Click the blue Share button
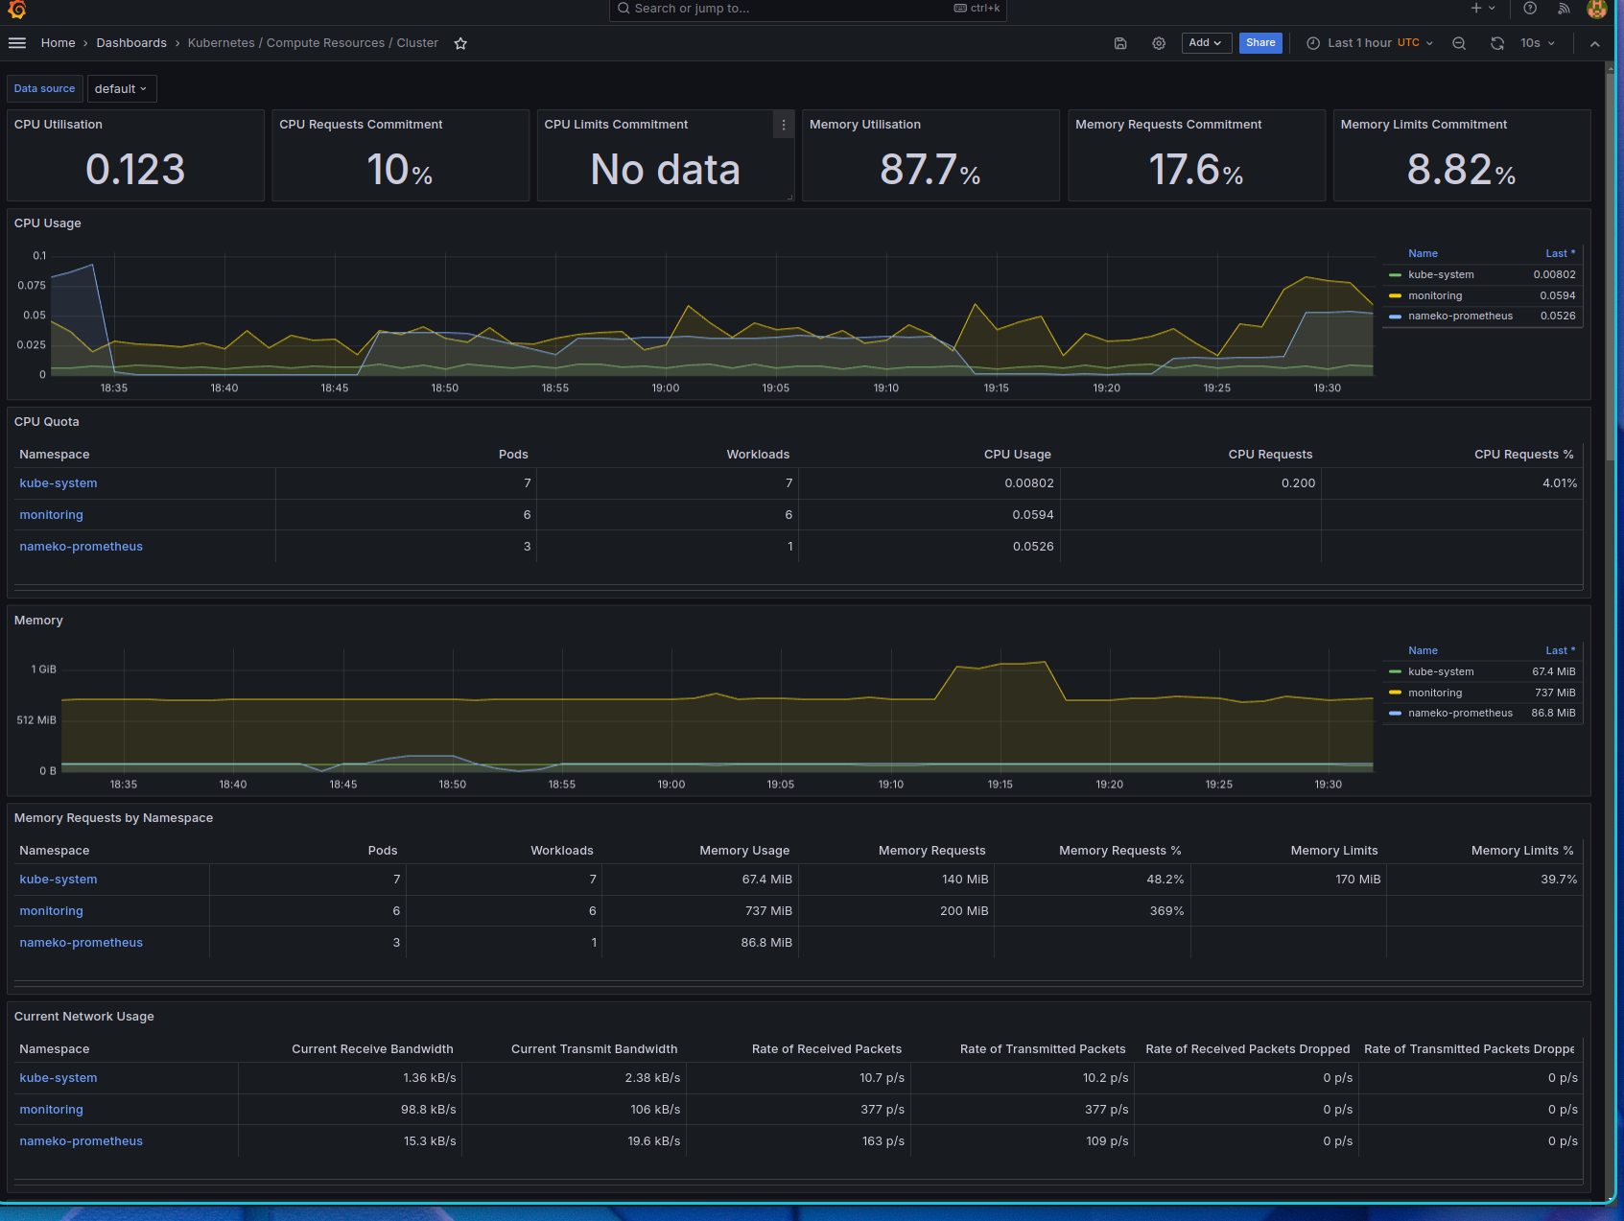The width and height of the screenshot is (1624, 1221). (1260, 43)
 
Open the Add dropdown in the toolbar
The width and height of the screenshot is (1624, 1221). (1206, 43)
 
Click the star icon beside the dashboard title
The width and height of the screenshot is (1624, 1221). (460, 43)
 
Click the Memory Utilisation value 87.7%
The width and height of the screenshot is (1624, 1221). (930, 170)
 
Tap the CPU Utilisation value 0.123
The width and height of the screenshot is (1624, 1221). (135, 170)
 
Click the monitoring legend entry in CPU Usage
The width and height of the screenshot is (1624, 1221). (1435, 295)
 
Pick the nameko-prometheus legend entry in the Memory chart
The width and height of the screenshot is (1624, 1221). (1460, 713)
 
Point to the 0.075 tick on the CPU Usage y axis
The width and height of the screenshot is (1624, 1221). (32, 285)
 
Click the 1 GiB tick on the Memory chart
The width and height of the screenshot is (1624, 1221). (44, 669)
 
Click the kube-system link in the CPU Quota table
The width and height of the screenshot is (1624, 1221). (59, 483)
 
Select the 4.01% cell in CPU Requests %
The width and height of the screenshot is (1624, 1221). (1560, 483)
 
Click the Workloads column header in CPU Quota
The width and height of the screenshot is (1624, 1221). (758, 455)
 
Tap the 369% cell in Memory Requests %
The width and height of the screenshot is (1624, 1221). (1166, 911)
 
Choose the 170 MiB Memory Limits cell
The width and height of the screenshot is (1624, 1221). (1358, 880)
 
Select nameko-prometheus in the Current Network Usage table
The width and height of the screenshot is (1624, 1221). (82, 1141)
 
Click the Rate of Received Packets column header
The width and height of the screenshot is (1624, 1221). (827, 1049)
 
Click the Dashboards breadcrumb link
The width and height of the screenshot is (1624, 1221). (131, 43)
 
